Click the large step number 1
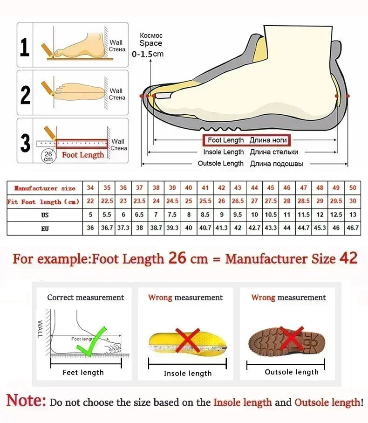pyautogui.click(x=25, y=47)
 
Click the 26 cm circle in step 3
pyautogui.click(x=48, y=156)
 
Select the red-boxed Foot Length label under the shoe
pyautogui.click(x=245, y=140)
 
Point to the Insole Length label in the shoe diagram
pyautogui.click(x=224, y=152)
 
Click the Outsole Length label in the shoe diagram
pyautogui.click(x=221, y=164)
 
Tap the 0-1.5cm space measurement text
pyautogui.click(x=148, y=54)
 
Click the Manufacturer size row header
pyautogui.click(x=45, y=188)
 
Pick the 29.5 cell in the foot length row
pyautogui.click(x=336, y=201)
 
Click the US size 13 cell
pyautogui.click(x=353, y=215)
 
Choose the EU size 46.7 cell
pyautogui.click(x=353, y=228)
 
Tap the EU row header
pyautogui.click(x=45, y=229)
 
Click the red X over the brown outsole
pyautogui.click(x=292, y=338)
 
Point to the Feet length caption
pyautogui.click(x=83, y=372)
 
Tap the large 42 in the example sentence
pyautogui.click(x=348, y=258)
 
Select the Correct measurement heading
pyautogui.click(x=86, y=298)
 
